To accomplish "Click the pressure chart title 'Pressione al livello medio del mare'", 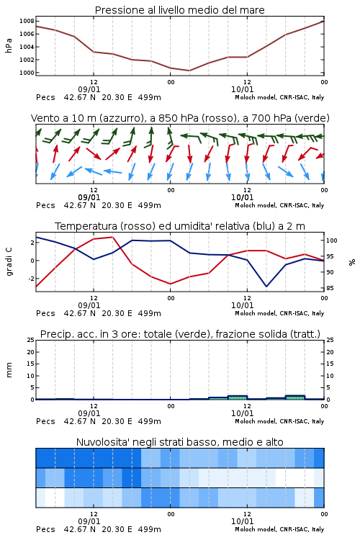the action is [180, 10].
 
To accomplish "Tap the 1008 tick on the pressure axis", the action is [27, 21].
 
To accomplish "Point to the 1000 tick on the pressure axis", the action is [27, 73].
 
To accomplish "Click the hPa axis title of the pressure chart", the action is [9, 45].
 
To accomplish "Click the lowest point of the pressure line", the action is [189, 71].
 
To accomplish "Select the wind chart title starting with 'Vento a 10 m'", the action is [180, 118].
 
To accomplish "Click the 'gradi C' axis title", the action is [9, 261].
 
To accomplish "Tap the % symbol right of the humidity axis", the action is [352, 262].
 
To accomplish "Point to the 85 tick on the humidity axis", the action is [330, 288].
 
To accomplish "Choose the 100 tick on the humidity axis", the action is [332, 240].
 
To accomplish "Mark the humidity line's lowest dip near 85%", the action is [266, 286].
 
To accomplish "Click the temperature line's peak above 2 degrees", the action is [112, 237].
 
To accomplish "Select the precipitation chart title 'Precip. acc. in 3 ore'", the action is [180, 334].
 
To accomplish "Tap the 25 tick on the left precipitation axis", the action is [31, 340].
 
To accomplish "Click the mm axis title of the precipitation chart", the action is [9, 370].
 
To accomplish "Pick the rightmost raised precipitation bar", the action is [295, 397].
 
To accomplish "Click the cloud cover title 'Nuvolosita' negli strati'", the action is [180, 442].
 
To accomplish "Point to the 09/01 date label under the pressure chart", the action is [89, 89].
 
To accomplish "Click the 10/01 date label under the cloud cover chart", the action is [242, 521].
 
